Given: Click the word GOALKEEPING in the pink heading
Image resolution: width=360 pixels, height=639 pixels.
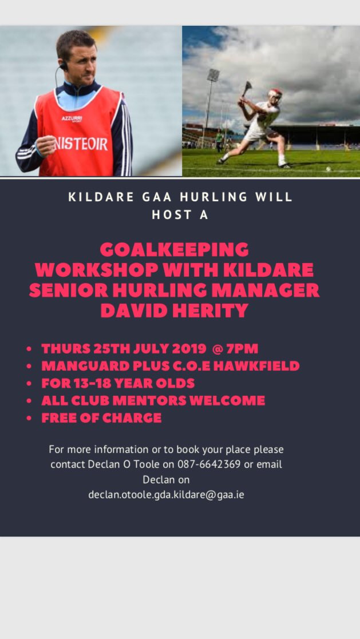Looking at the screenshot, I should point(175,250).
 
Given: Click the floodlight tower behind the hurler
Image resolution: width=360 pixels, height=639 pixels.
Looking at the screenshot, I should point(213,75).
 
